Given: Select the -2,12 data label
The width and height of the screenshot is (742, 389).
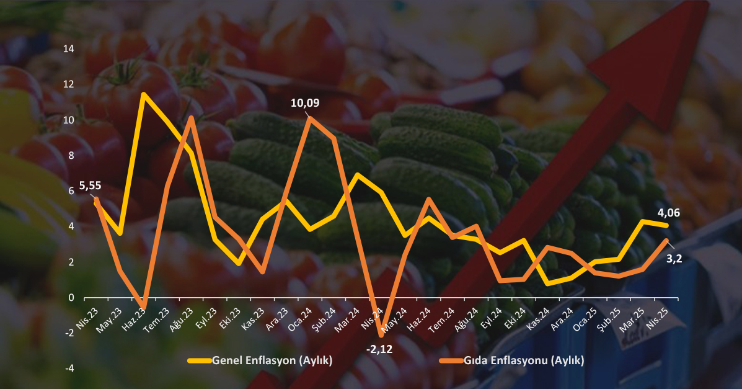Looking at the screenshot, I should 379,349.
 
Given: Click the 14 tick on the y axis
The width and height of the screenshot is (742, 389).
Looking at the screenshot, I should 69,49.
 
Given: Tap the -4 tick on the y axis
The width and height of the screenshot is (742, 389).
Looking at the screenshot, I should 69,369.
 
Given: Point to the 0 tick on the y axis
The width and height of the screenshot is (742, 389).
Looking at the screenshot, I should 71,298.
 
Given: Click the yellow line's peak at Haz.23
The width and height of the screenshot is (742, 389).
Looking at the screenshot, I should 143,94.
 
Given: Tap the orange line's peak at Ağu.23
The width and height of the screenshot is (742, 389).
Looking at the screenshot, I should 191,117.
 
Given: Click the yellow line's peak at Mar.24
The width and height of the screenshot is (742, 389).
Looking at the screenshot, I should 358,174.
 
